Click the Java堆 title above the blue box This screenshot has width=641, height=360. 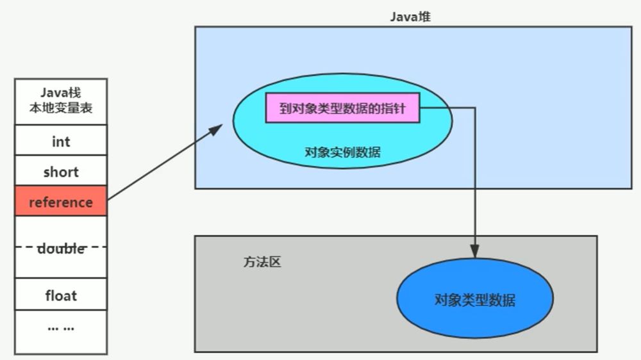[x=410, y=17]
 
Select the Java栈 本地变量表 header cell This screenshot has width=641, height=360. [x=61, y=101]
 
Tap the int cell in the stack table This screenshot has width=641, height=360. [x=61, y=141]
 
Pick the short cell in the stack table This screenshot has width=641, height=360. [x=61, y=172]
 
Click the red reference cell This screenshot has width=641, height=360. [x=61, y=202]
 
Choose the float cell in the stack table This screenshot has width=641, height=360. [x=61, y=295]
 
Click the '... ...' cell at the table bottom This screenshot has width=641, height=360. [x=61, y=327]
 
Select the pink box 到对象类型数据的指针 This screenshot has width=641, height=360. [x=344, y=109]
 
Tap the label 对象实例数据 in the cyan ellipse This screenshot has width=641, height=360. [x=342, y=152]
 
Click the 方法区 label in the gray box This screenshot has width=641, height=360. [x=262, y=263]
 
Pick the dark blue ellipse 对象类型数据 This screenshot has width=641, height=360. [x=474, y=300]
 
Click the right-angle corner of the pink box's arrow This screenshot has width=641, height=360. [x=474, y=109]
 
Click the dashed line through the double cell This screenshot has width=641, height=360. [x=26, y=247]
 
